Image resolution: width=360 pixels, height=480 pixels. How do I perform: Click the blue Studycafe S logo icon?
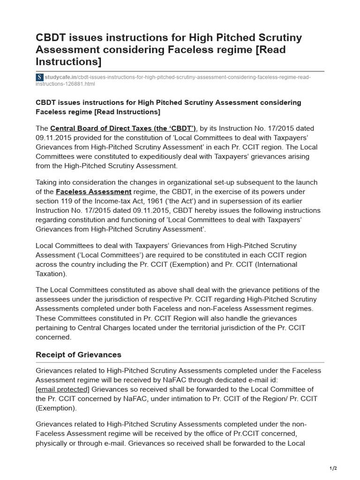(40, 77)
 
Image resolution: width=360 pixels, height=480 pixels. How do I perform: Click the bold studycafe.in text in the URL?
(60, 77)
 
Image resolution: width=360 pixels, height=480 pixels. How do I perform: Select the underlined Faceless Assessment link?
(93, 192)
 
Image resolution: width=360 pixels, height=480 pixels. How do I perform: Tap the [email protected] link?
(62, 390)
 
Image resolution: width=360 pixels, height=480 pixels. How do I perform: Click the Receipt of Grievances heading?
(78, 354)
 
